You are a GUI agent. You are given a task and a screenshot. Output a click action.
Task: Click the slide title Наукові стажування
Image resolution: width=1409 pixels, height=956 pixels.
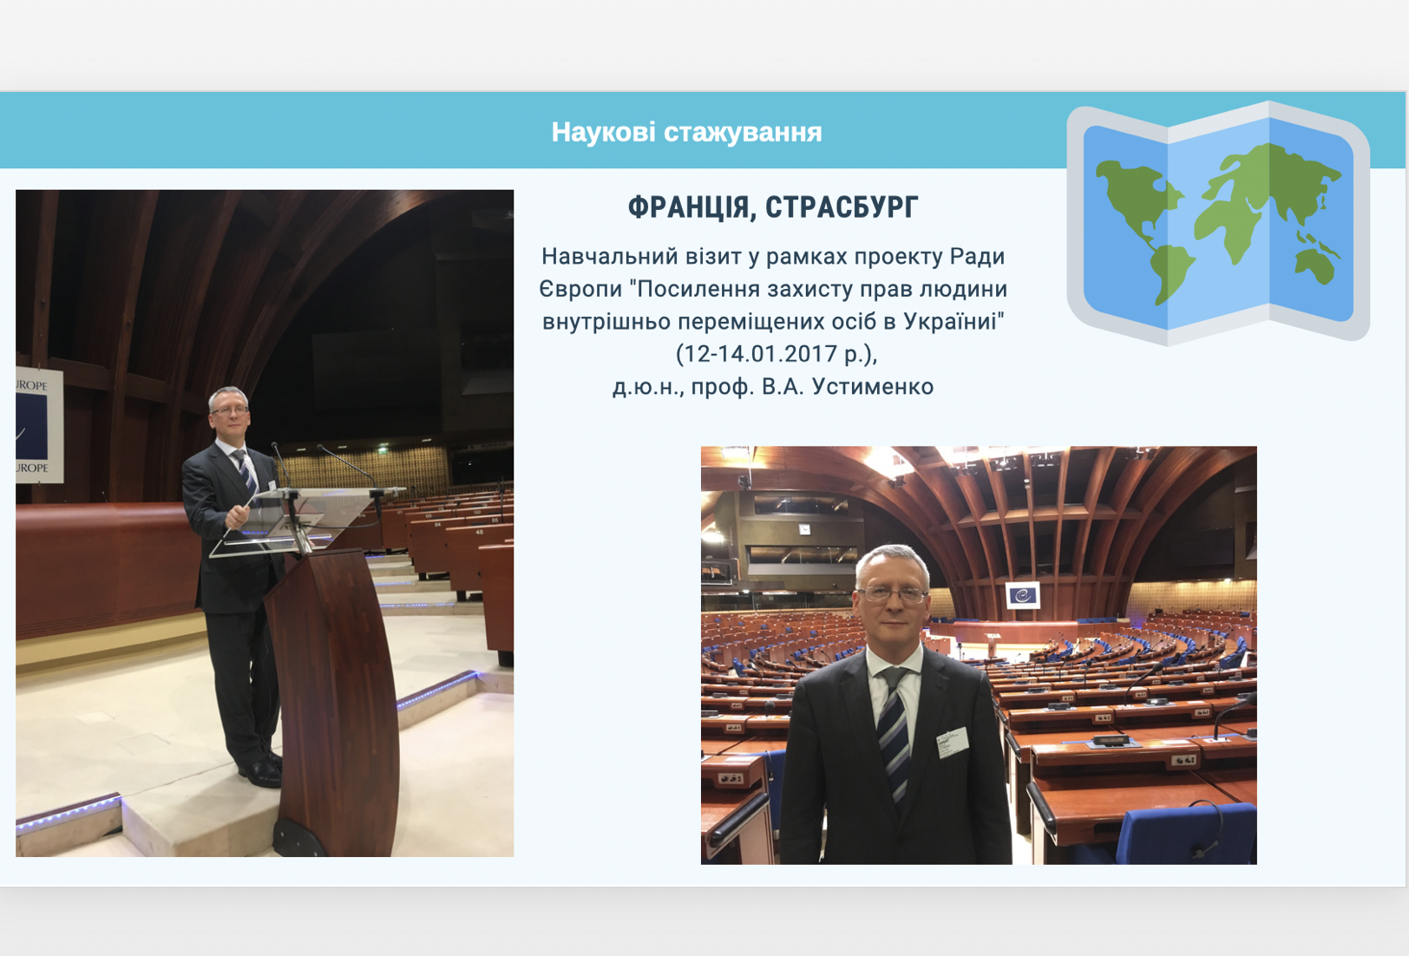[x=686, y=132]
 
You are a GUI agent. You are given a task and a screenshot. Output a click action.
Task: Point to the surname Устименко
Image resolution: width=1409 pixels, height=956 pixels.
[x=873, y=386]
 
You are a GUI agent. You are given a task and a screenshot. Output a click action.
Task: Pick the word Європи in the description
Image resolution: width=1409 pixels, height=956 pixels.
[x=580, y=290]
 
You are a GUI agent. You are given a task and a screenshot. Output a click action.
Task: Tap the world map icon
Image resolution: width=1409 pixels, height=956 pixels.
[x=1218, y=223]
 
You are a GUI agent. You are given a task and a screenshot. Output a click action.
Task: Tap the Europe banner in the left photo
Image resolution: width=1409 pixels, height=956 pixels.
[x=39, y=425]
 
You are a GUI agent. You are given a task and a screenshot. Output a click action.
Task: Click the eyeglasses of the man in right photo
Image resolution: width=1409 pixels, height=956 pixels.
[x=892, y=593]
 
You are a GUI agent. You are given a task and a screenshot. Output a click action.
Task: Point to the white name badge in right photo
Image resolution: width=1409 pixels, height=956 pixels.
[x=953, y=743]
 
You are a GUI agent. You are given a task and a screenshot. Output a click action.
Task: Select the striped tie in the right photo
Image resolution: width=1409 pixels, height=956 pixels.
[x=894, y=735]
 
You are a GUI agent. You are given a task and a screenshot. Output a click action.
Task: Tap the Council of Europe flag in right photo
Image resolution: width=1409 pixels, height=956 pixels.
[x=1023, y=595]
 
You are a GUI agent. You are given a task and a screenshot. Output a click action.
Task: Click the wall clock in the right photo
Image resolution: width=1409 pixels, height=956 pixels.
[x=804, y=529]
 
